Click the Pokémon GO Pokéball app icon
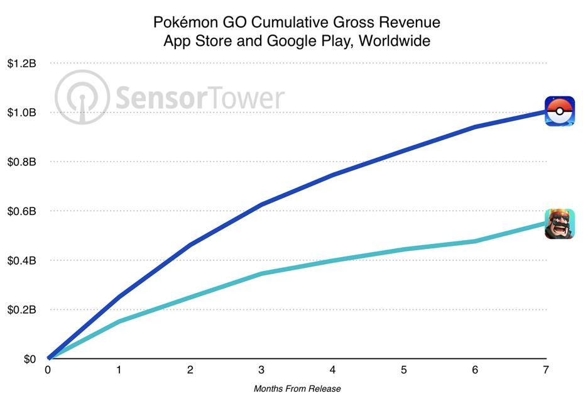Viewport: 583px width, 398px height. coord(559,111)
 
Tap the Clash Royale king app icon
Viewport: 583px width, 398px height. coord(559,224)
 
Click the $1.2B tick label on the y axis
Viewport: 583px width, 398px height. coord(22,64)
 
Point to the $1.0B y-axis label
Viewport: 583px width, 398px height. coord(22,113)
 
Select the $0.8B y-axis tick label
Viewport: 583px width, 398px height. coord(22,162)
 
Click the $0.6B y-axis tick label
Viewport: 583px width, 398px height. coord(22,211)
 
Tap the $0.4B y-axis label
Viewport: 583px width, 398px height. coord(22,260)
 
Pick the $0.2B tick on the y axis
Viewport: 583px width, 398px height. coord(22,309)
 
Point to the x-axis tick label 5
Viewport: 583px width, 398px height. coord(403,371)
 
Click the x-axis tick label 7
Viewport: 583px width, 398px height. coord(546,371)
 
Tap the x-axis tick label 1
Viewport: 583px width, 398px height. coord(119,371)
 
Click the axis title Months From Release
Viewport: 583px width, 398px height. coord(297,389)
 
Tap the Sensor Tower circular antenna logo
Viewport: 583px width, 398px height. coord(82,97)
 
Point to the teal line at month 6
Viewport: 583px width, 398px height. coord(475,241)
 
